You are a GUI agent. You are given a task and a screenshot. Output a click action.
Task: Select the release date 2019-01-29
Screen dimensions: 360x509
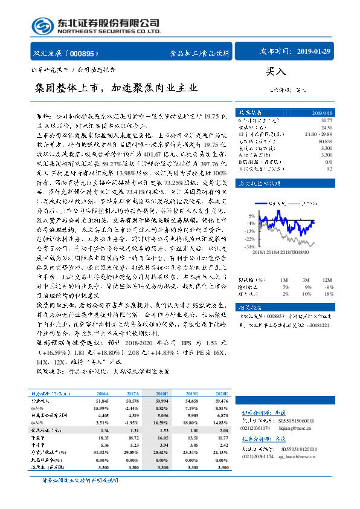click(314, 52)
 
